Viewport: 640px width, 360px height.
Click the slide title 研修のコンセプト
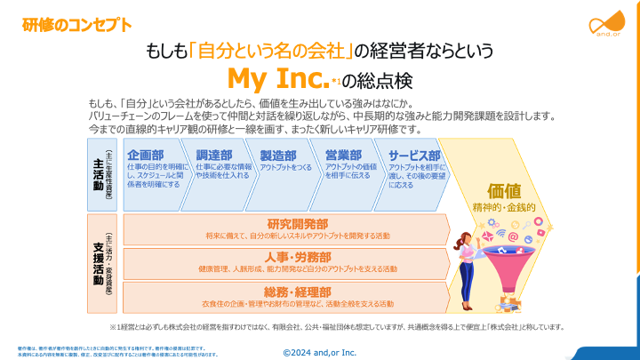point(71,24)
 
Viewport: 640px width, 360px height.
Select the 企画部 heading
point(145,155)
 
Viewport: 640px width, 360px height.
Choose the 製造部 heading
point(278,155)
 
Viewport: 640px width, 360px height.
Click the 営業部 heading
point(343,155)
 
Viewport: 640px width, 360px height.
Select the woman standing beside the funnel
point(467,267)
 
